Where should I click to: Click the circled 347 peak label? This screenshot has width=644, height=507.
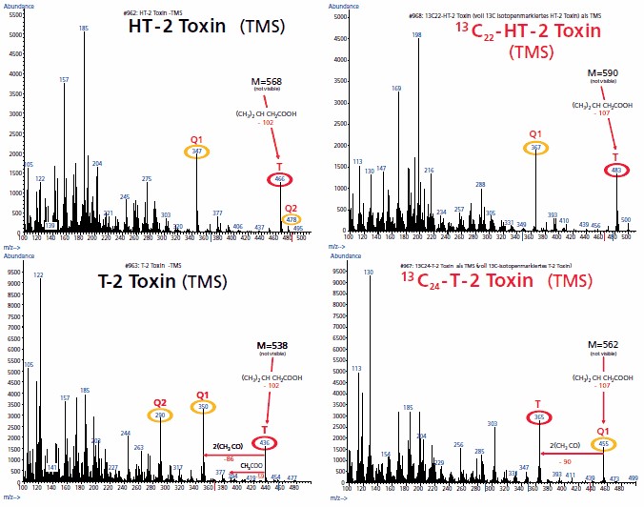[x=197, y=152]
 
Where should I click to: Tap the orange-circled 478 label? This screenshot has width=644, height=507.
[x=292, y=220]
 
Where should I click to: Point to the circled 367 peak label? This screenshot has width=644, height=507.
[x=535, y=148]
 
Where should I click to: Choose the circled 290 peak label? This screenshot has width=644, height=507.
[x=159, y=416]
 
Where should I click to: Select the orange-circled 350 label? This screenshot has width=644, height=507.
[x=201, y=408]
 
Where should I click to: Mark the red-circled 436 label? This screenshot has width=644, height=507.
[x=265, y=443]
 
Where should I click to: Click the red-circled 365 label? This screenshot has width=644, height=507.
[x=539, y=417]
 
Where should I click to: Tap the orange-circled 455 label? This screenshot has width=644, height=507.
[x=603, y=444]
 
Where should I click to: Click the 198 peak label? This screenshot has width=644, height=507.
[x=416, y=34]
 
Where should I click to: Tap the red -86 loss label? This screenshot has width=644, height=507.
[x=229, y=458]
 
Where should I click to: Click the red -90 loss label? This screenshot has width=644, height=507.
[x=565, y=461]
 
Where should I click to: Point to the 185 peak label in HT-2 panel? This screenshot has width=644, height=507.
[x=84, y=29]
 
